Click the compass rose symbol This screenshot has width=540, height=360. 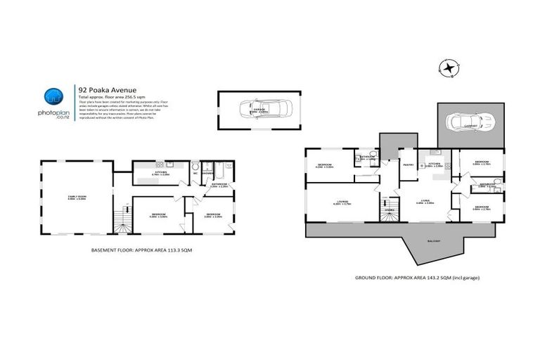pyautogui.click(x=447, y=69)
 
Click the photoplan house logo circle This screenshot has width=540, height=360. pyautogui.click(x=53, y=97)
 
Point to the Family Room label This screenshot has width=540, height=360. pyautogui.click(x=77, y=198)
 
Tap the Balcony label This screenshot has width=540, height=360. pyautogui.click(x=432, y=240)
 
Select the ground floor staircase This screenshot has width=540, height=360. pyautogui.click(x=389, y=208)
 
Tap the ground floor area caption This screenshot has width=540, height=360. pyautogui.click(x=412, y=278)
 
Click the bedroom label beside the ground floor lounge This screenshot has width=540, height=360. pyautogui.click(x=323, y=165)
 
